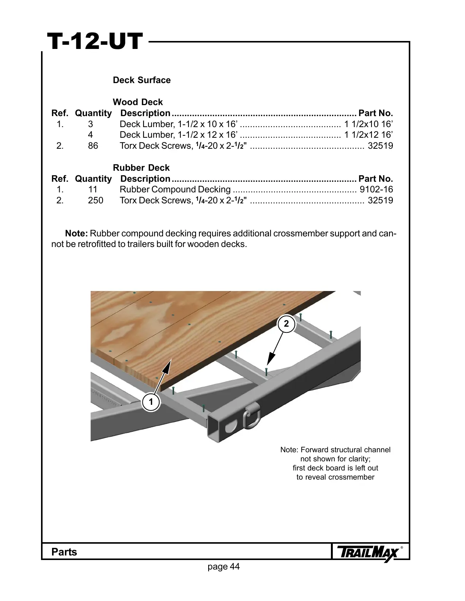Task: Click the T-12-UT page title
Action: [x=95, y=41]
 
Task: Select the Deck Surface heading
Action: [x=142, y=80]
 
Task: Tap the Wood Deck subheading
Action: [x=138, y=102]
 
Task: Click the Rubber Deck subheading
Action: [x=141, y=168]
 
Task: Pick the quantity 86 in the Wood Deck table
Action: [x=93, y=146]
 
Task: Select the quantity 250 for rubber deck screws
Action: [x=95, y=200]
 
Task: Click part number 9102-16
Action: [x=376, y=189]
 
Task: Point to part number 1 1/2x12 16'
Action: [x=368, y=135]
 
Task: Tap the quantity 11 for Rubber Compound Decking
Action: [x=92, y=189]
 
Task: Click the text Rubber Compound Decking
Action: [x=175, y=189]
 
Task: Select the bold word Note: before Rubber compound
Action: [x=76, y=233]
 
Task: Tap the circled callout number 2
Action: [x=286, y=324]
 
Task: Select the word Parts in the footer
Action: [x=64, y=552]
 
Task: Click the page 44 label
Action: [x=224, y=567]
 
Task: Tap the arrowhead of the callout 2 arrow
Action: [x=269, y=363]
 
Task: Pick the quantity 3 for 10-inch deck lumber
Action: [x=90, y=124]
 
